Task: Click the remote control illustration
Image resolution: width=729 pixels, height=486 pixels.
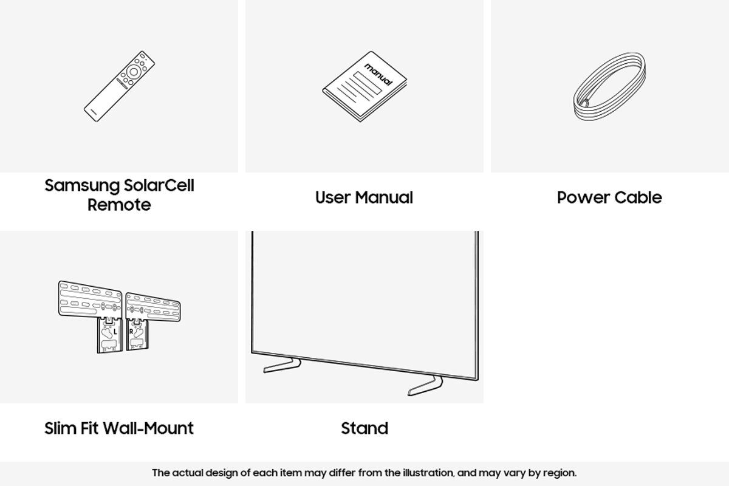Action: click(x=119, y=86)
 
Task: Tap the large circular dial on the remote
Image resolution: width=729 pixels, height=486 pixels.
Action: click(x=134, y=72)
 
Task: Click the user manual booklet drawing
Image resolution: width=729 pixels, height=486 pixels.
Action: click(x=364, y=87)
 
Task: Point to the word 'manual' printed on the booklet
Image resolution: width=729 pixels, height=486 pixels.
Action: click(x=378, y=74)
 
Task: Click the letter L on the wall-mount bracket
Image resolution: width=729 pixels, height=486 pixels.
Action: click(x=115, y=332)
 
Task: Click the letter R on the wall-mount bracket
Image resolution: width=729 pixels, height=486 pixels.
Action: click(x=131, y=332)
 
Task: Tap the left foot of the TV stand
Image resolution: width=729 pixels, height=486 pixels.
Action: click(x=282, y=366)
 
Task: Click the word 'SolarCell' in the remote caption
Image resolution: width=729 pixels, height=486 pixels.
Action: click(x=159, y=185)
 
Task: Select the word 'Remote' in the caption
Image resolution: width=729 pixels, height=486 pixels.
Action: click(x=119, y=205)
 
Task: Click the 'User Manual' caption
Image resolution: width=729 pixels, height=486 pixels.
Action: click(x=364, y=197)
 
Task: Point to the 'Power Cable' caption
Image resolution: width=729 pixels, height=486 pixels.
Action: click(x=609, y=197)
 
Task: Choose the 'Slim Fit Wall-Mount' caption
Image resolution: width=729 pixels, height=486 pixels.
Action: click(x=119, y=428)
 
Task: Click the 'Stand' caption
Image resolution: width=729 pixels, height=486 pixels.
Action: click(x=364, y=428)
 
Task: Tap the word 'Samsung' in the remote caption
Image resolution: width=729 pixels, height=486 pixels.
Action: click(x=83, y=186)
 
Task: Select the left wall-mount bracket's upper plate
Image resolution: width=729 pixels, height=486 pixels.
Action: click(x=90, y=299)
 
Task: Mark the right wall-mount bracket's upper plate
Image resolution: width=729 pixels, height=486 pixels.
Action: click(x=153, y=307)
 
